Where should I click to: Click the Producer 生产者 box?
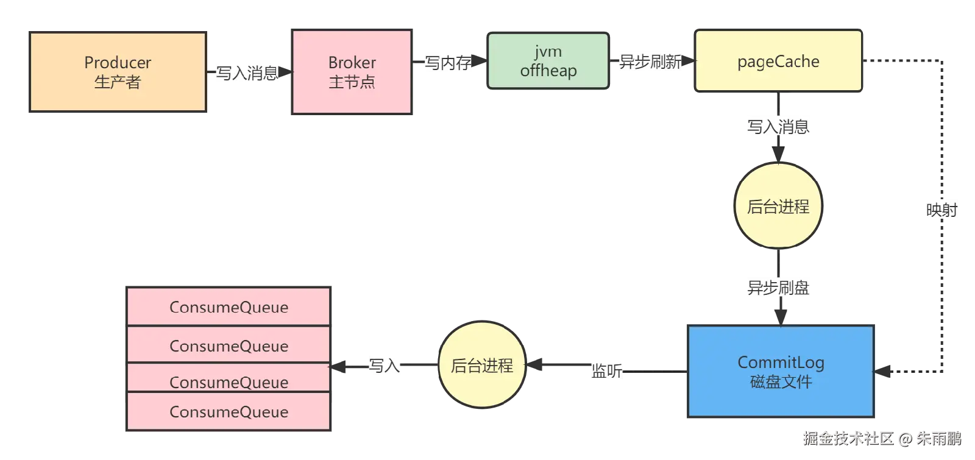[x=118, y=72]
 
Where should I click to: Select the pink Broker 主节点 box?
[x=352, y=72]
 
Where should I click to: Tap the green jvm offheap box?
[x=548, y=61]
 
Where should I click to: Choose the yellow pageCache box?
[x=778, y=62]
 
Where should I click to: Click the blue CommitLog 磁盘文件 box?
[x=781, y=372]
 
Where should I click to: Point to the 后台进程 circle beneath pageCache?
[x=778, y=206]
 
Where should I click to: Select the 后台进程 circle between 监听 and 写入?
[x=482, y=365]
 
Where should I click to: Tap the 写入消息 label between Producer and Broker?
[x=248, y=73]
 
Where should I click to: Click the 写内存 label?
[x=448, y=62]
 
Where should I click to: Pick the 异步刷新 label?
[x=650, y=62]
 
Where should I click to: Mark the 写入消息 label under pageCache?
[x=778, y=126]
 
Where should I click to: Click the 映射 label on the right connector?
[x=942, y=209]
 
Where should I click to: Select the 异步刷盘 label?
[x=778, y=287]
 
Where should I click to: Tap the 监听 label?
[x=606, y=370]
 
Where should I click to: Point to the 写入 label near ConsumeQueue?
[x=385, y=365]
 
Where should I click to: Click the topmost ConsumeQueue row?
[x=229, y=306]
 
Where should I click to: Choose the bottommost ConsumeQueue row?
[x=229, y=412]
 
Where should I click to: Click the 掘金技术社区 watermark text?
[x=848, y=437]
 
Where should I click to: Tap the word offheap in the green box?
[x=548, y=71]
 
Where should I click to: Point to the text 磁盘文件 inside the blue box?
[x=781, y=382]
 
